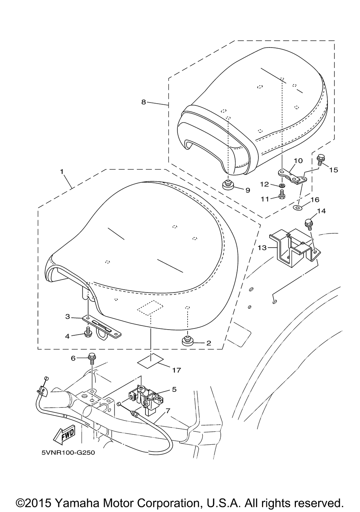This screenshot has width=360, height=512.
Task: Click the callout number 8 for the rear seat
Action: click(144, 102)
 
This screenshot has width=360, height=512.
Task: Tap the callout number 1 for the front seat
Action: click(62, 172)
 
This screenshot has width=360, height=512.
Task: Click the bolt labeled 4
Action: click(87, 334)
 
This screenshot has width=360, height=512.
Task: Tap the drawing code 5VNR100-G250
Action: click(68, 452)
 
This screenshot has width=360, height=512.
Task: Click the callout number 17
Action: click(176, 370)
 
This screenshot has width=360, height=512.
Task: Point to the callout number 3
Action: click(67, 317)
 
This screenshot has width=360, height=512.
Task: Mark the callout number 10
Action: click(298, 160)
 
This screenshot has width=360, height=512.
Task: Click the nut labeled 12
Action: click(282, 186)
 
